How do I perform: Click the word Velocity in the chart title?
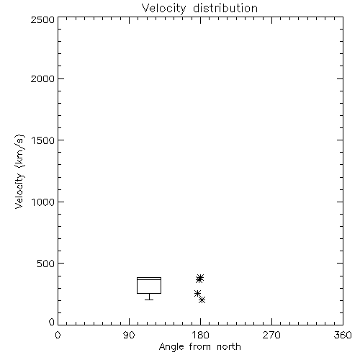point(163,9)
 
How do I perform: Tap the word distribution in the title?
point(225,8)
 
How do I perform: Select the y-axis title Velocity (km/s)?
point(19,171)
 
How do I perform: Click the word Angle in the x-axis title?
point(171,347)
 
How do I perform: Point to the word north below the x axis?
point(229,346)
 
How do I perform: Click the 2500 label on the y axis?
point(43,19)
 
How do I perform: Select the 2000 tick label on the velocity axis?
point(43,78)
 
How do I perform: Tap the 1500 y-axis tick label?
point(43,140)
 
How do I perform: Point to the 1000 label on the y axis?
point(43,202)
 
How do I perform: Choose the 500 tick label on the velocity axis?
point(46,264)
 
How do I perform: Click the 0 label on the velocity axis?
point(52,322)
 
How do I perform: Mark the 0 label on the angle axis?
point(58,335)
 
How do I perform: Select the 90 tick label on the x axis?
point(129,335)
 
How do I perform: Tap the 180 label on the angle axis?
point(200,335)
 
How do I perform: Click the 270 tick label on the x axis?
point(271,335)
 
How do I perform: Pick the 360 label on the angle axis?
point(343,335)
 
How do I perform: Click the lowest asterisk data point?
point(202,300)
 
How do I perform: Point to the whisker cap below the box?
point(149,300)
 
